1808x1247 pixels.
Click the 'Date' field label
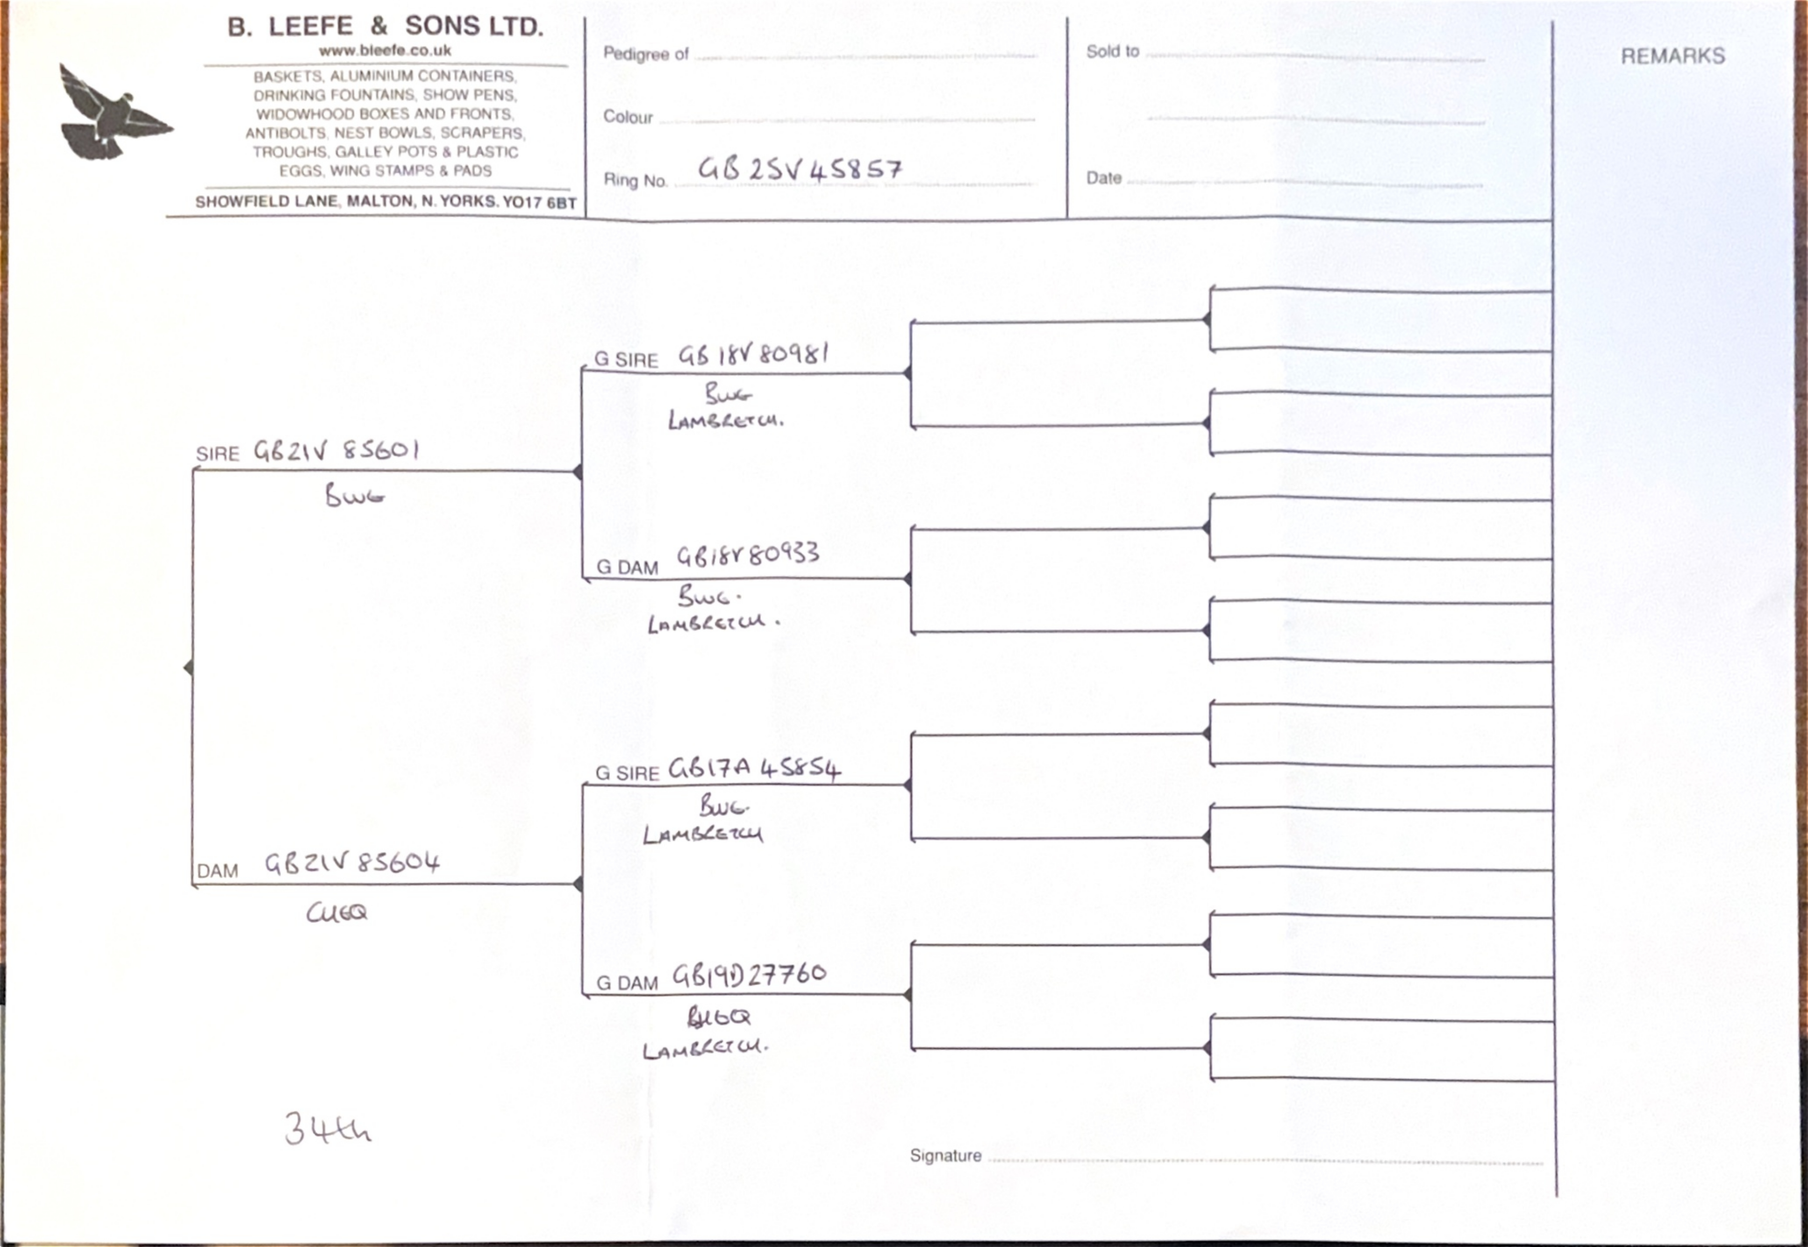coord(1103,178)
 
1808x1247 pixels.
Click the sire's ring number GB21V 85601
coord(336,451)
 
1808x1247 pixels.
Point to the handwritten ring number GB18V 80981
coord(752,355)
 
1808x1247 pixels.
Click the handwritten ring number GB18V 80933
coord(748,555)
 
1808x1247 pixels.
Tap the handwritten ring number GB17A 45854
coord(754,769)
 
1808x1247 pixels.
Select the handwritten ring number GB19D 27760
coord(748,974)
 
